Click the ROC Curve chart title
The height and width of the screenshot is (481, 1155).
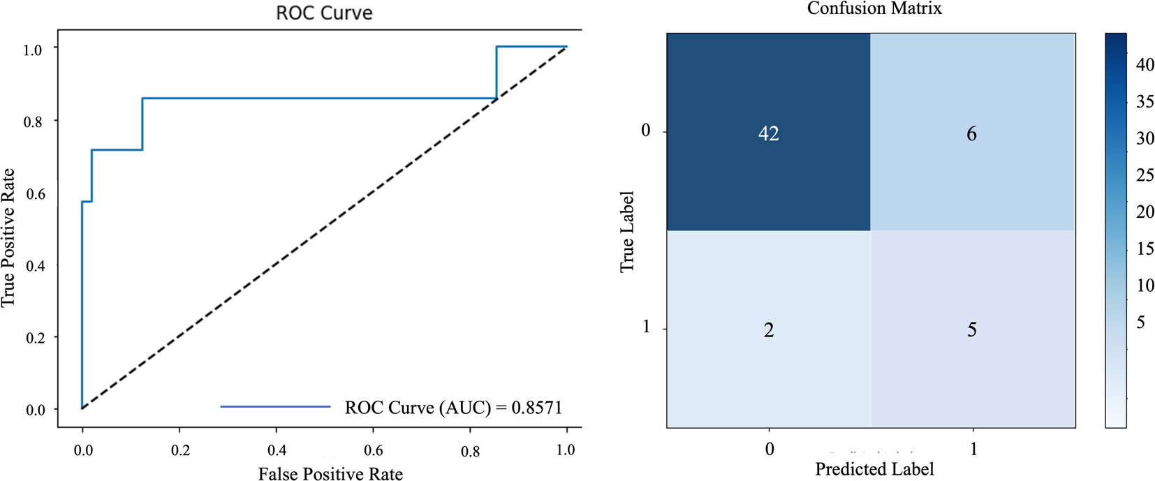click(x=324, y=13)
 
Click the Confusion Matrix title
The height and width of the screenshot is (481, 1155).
click(x=874, y=8)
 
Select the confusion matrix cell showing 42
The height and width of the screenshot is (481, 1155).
click(x=768, y=133)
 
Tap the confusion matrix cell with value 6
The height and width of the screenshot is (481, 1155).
click(x=971, y=133)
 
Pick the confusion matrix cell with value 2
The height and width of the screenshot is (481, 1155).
click(x=768, y=330)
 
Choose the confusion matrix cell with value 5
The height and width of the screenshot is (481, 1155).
click(x=971, y=330)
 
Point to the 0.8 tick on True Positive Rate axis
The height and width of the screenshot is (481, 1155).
click(x=33, y=122)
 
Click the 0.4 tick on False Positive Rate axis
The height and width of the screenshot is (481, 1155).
click(x=277, y=450)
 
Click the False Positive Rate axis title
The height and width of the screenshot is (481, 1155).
click(x=330, y=474)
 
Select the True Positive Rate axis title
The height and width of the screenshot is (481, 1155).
click(x=8, y=237)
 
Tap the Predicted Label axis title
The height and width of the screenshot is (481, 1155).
click(x=874, y=468)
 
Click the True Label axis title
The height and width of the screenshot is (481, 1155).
click(x=627, y=231)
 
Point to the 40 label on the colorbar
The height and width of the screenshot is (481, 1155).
click(x=1145, y=65)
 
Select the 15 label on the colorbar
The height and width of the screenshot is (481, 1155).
click(x=1145, y=249)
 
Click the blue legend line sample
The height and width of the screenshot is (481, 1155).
click(x=275, y=406)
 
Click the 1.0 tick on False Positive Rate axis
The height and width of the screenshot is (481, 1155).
click(x=565, y=450)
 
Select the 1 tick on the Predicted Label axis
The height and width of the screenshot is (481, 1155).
click(x=973, y=449)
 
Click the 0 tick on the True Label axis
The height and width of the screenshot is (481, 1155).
click(x=645, y=131)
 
